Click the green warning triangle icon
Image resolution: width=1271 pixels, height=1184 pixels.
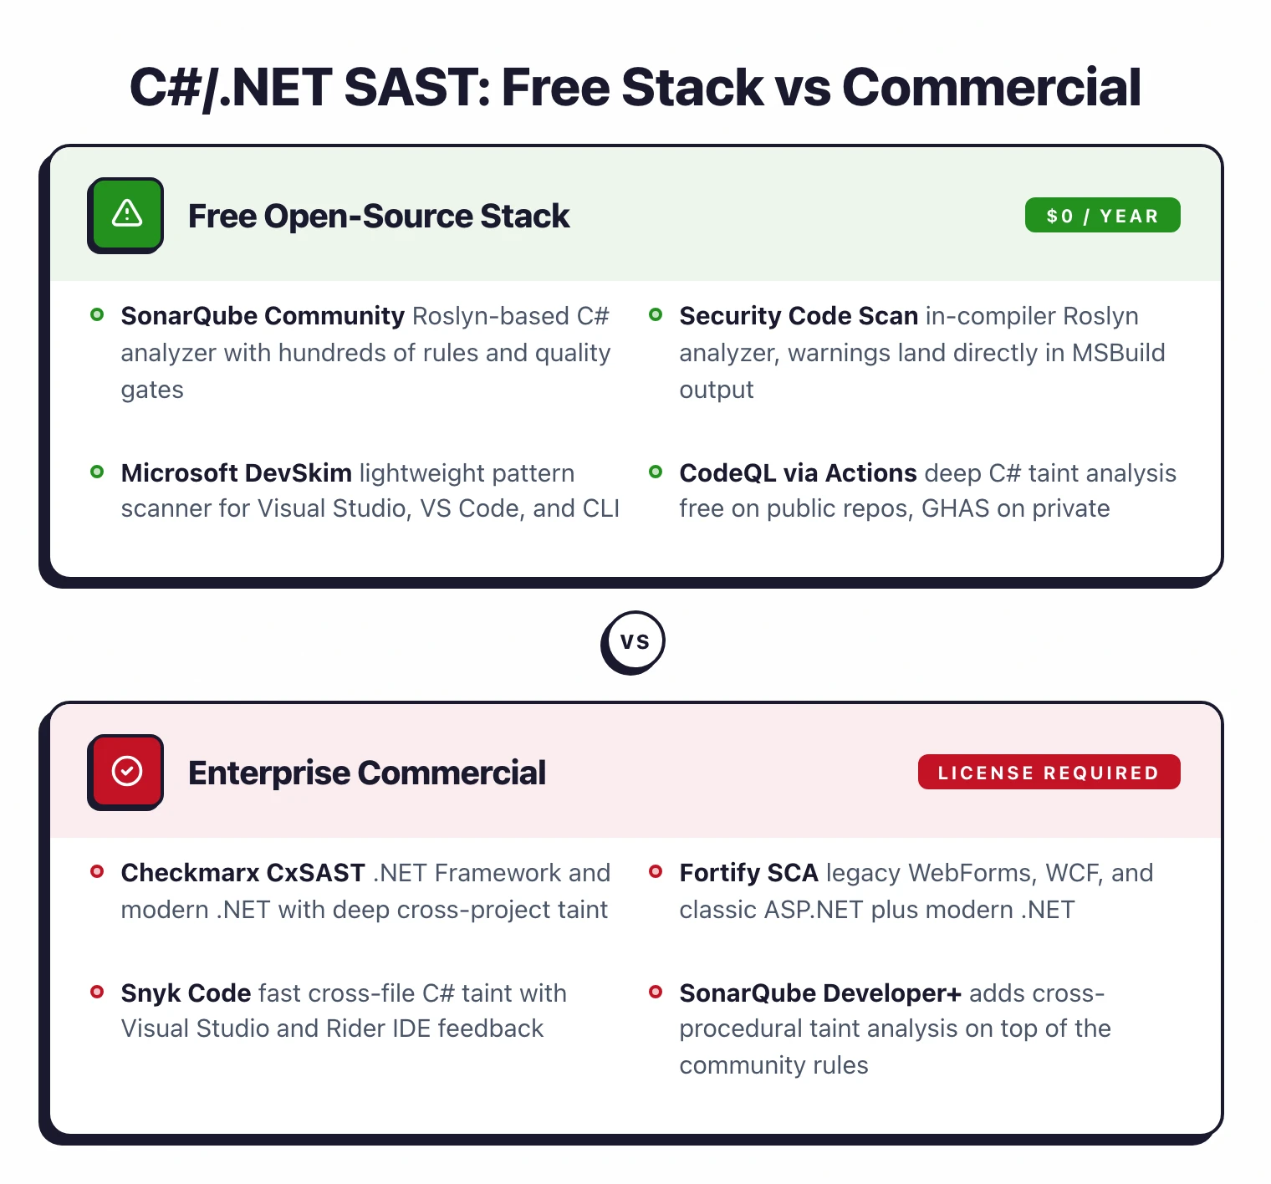(126, 214)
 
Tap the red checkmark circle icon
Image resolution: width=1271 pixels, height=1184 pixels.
(126, 771)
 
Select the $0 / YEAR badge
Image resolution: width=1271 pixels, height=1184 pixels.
(1102, 216)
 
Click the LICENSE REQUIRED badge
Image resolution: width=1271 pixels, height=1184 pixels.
(1049, 773)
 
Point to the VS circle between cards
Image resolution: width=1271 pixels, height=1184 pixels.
(634, 641)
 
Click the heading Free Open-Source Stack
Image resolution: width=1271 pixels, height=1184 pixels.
(378, 217)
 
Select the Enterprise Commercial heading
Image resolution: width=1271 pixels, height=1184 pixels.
(366, 773)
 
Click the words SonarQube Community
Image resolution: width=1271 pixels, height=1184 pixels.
(263, 316)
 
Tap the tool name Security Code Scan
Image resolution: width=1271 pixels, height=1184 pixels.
(799, 316)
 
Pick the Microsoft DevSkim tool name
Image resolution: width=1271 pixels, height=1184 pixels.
(236, 473)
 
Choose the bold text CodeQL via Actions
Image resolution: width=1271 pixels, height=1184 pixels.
(798, 473)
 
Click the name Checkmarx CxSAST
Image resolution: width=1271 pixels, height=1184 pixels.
(242, 873)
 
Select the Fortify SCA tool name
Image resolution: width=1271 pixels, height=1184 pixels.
(748, 873)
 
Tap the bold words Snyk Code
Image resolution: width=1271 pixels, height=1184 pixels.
(186, 993)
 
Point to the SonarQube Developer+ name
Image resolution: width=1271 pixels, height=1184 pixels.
(819, 993)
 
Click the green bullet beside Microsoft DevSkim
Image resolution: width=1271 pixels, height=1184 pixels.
(97, 472)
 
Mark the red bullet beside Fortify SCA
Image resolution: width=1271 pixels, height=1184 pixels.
(656, 872)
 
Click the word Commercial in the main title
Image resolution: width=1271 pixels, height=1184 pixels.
(991, 88)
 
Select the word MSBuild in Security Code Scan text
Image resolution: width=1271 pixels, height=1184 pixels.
(1118, 353)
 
